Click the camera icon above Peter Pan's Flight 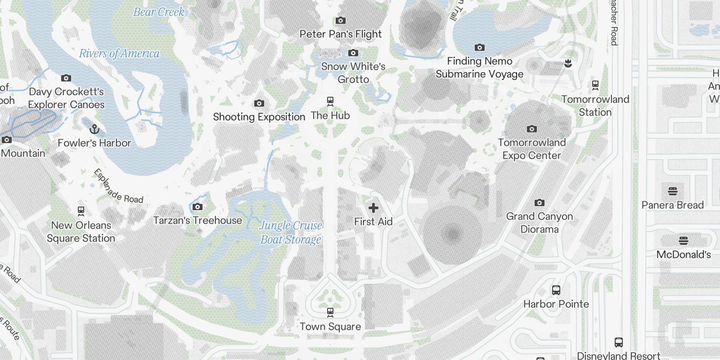(x=341, y=20)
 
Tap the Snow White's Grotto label (x=353, y=73)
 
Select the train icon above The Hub (x=330, y=101)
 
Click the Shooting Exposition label (x=259, y=117)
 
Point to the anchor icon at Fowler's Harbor (x=94, y=130)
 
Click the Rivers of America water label (x=119, y=54)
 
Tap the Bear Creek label (x=159, y=12)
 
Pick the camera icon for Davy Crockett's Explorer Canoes (x=66, y=78)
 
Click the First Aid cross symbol (x=373, y=208)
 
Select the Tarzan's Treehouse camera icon (x=197, y=207)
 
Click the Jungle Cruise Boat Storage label (x=291, y=232)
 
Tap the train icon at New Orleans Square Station (x=81, y=211)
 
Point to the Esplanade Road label (x=118, y=186)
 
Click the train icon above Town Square (x=330, y=312)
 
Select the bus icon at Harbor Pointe (x=556, y=290)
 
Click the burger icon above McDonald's (x=684, y=240)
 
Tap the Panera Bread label (x=672, y=205)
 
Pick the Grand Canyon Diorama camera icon (x=539, y=203)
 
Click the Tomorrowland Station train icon (x=595, y=85)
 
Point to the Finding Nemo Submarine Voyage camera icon (x=480, y=47)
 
